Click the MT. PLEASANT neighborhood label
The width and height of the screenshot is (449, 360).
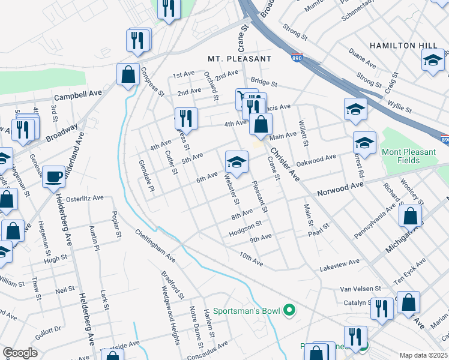pos(240,59)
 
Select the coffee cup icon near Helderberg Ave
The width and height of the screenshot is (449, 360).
pos(54,176)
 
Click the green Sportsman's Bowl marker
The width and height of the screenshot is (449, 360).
pos(289,311)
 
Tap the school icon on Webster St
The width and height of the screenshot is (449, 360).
pos(237,162)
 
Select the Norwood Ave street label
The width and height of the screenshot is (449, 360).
pos(340,186)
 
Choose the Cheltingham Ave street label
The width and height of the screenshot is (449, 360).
pos(155,246)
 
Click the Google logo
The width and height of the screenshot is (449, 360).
pos(20,353)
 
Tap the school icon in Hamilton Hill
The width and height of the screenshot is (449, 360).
pos(433,61)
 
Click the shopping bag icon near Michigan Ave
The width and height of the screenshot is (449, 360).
pos(410,217)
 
